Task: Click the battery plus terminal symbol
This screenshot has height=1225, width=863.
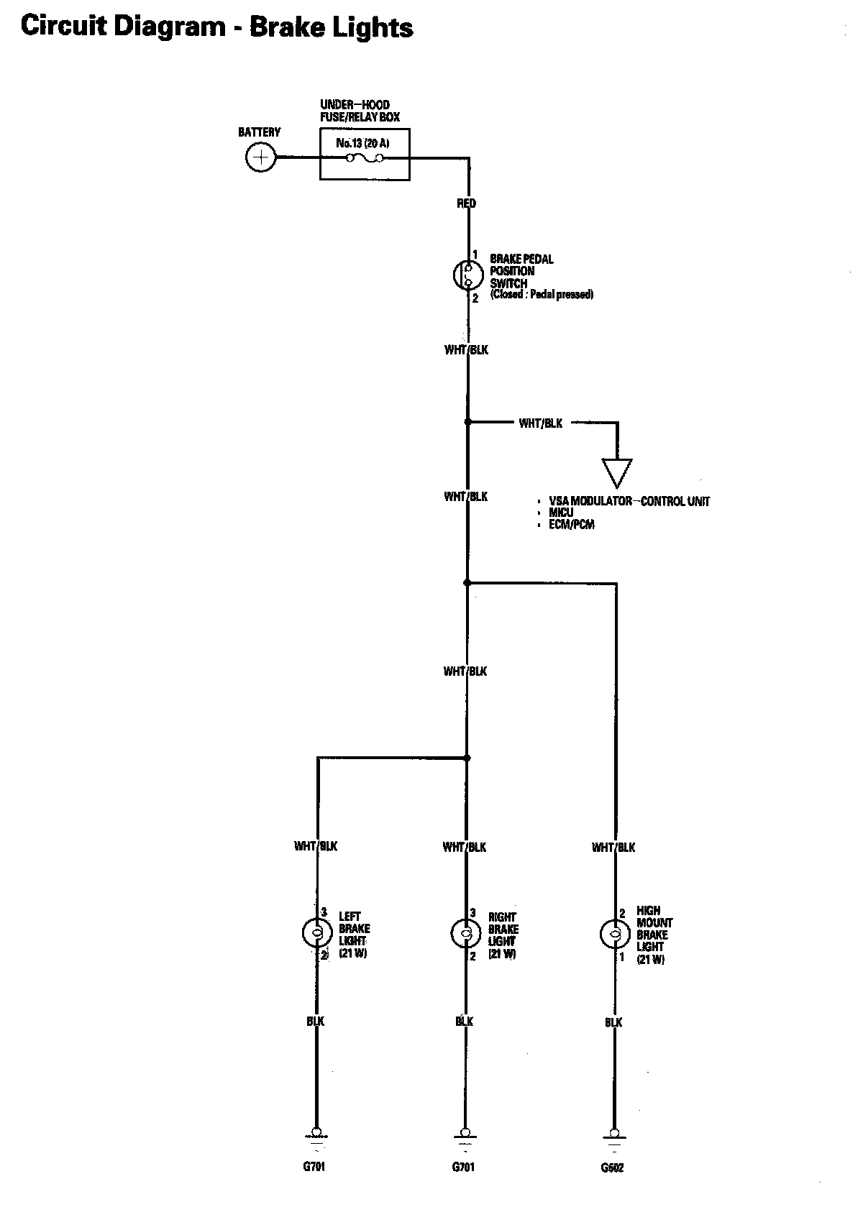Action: pos(260,157)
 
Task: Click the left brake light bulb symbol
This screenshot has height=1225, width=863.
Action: pos(316,933)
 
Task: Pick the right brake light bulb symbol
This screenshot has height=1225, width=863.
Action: pos(465,934)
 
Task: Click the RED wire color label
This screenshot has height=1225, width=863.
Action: pos(466,203)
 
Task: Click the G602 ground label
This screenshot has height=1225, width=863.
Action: pos(613,1168)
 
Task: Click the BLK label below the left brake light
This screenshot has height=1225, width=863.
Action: pos(316,1022)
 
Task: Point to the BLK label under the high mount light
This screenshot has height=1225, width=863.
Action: pos(613,1022)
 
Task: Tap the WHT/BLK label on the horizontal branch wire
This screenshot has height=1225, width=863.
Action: pos(541,423)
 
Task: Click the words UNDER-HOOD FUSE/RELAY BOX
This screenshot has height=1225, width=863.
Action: pos(360,111)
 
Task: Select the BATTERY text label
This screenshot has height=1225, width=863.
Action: pos(259,132)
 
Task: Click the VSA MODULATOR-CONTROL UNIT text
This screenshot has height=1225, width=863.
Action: pos(629,501)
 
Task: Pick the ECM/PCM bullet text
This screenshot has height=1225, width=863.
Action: pos(572,525)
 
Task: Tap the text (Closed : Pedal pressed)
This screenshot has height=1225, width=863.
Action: pos(542,295)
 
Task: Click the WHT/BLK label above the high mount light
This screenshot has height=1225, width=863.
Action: pos(613,848)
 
